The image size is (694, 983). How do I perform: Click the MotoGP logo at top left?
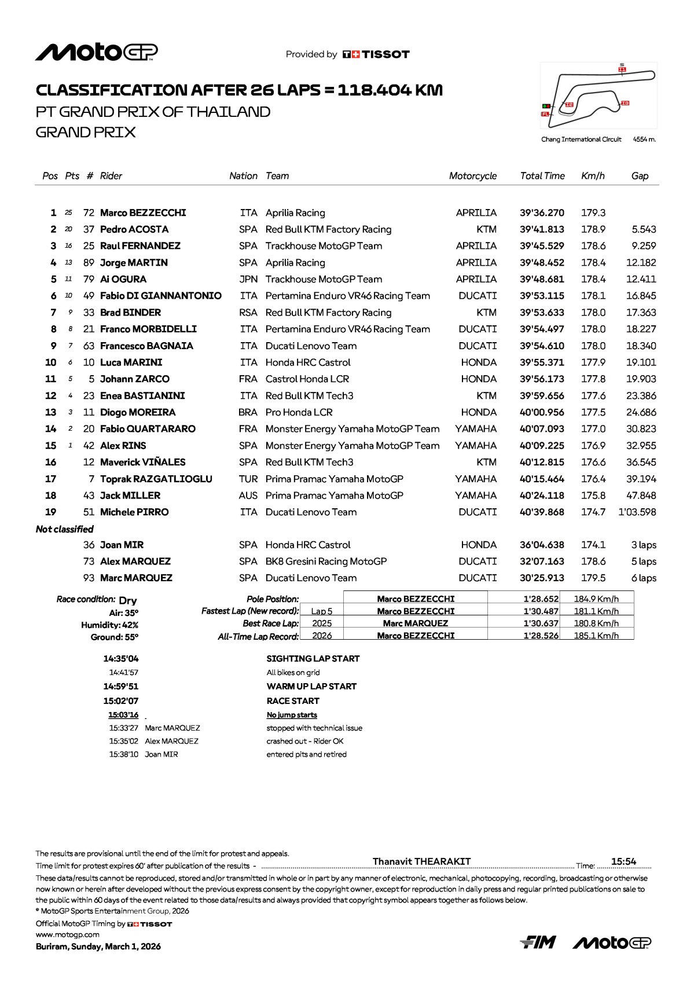tap(96, 52)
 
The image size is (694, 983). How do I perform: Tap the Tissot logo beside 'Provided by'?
tap(376, 54)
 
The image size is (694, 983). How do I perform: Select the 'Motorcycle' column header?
tap(472, 176)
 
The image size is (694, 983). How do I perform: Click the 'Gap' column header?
tap(640, 176)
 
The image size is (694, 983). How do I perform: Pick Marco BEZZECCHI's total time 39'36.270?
tap(542, 213)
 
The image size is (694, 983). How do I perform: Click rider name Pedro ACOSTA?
tap(134, 229)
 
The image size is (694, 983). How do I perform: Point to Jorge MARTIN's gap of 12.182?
tap(641, 263)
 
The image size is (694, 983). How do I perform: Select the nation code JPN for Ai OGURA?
tap(248, 279)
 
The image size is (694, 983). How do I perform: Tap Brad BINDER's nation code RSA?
tap(248, 313)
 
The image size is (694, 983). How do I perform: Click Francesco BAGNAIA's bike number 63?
tap(89, 346)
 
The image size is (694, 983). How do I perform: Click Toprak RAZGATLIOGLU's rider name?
tap(156, 479)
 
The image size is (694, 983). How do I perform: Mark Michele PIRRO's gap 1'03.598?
tap(637, 512)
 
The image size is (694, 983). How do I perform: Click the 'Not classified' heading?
tap(64, 529)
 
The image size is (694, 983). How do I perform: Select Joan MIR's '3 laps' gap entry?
tap(644, 545)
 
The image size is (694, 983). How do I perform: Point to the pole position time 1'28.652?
tap(541, 599)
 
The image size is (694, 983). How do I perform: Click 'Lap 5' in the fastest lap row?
tap(322, 611)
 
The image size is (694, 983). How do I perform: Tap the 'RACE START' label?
tap(293, 701)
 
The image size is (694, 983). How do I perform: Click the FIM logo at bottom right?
tap(538, 942)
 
